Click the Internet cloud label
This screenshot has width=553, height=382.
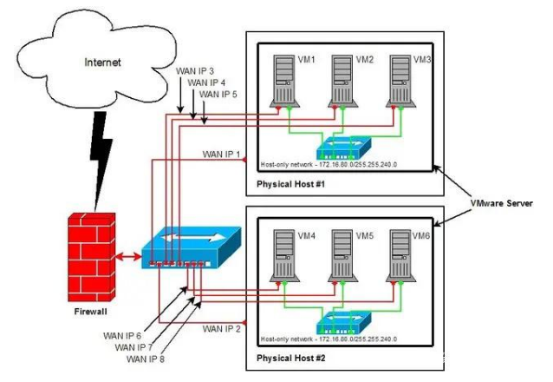[x=103, y=63]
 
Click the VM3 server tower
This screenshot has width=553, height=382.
[x=400, y=82]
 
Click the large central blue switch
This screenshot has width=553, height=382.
[x=187, y=247]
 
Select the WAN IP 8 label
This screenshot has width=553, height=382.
[x=146, y=358]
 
